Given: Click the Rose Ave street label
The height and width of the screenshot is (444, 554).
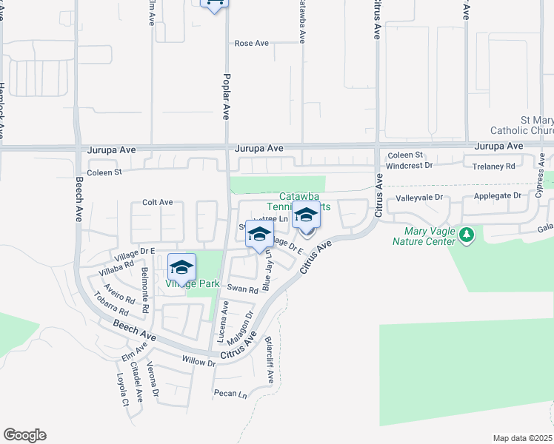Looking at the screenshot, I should pos(251,44).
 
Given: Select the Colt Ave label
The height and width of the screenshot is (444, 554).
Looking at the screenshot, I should pos(157,202).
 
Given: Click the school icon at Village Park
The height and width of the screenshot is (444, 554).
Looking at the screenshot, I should pos(182,267).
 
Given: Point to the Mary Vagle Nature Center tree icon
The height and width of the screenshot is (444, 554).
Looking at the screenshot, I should pos(466,235).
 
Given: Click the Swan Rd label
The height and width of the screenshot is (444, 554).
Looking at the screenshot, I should pos(242,289).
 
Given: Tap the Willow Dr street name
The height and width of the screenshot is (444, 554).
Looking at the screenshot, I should pos(198,362).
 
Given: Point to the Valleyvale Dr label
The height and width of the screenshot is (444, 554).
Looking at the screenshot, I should pos(418,198).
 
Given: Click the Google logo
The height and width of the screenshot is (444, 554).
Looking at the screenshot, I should pos(24,435).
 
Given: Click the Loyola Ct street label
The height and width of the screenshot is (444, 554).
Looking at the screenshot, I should pos(122,389).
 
